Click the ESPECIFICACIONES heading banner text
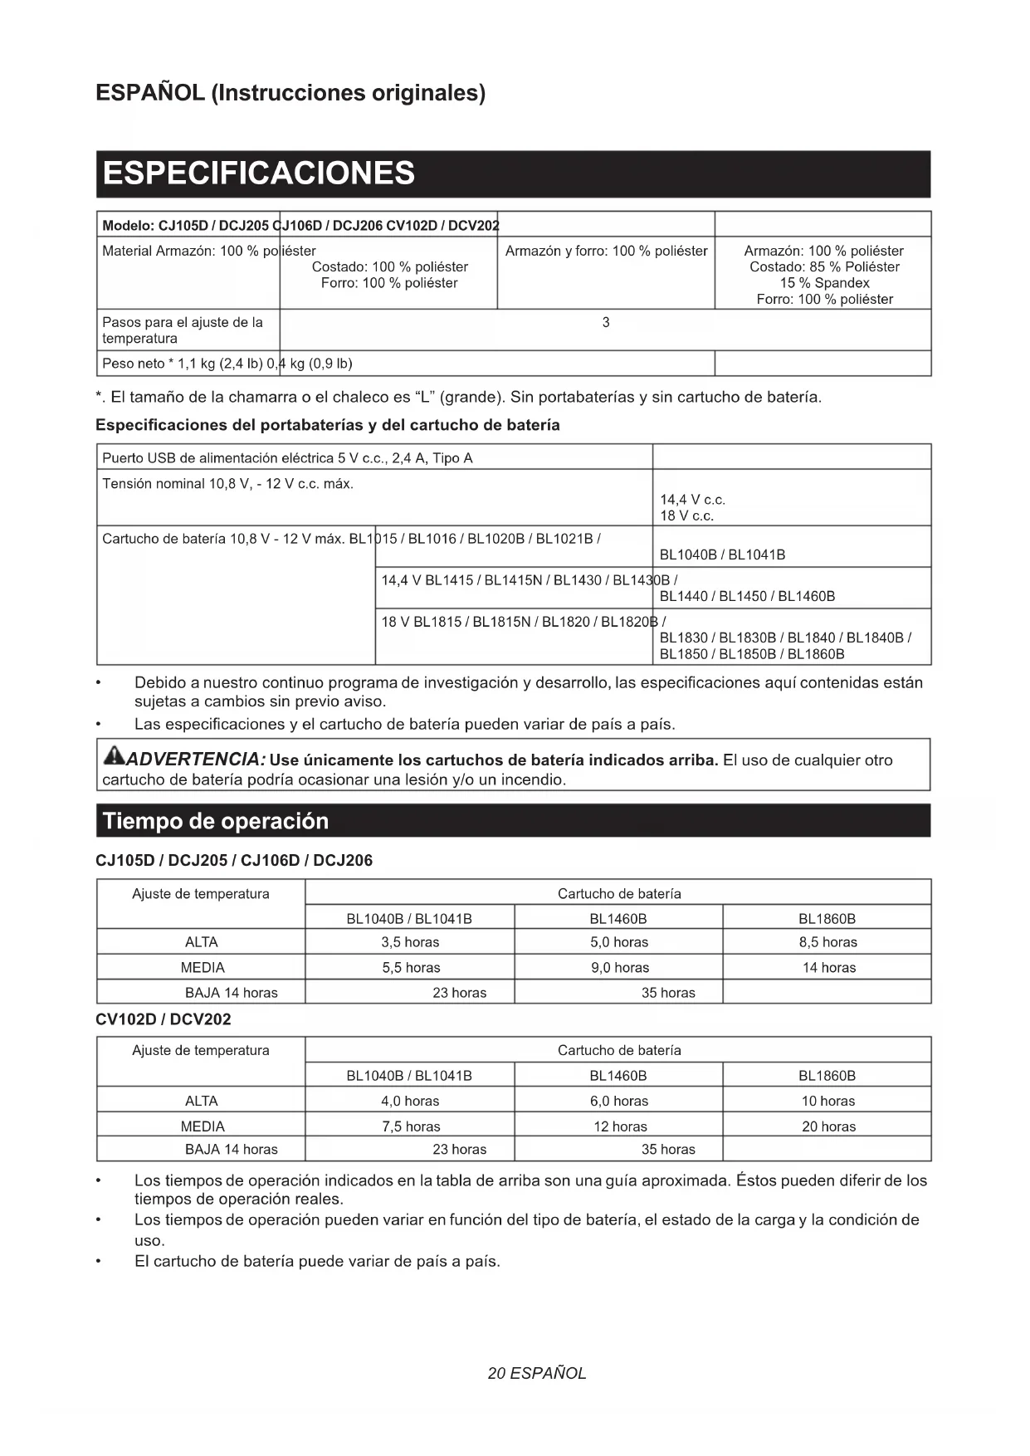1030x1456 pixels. pos(258,173)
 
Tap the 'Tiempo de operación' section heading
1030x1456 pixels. pos(216,821)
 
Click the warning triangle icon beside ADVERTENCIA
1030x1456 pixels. pos(114,755)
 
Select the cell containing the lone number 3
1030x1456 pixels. pos(606,323)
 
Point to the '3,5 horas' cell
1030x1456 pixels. pos(410,942)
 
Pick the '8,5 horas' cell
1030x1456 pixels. pos(827,942)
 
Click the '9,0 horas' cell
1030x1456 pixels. pos(619,968)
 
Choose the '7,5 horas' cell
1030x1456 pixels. pos(411,1126)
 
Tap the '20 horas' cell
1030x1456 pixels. pos(828,1126)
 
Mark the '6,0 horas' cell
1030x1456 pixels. pos(619,1102)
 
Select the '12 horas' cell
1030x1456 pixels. pos(619,1126)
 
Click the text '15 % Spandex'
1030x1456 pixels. pos(824,283)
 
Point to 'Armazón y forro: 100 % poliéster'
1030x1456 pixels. pos(606,251)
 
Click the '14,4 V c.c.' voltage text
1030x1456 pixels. pos(692,500)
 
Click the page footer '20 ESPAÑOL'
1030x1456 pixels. pos(537,1373)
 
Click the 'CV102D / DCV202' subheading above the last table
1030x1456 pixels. pos(164,1019)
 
